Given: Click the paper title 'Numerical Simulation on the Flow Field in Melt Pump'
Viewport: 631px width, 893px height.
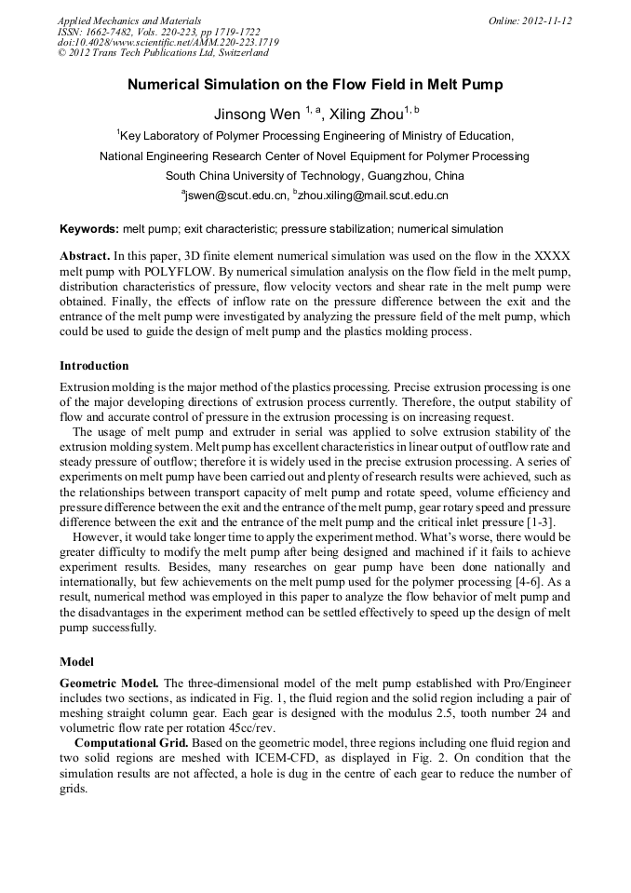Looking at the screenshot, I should pyautogui.click(x=315, y=85).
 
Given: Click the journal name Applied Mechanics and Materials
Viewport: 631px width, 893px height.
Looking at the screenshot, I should pyautogui.click(x=128, y=20).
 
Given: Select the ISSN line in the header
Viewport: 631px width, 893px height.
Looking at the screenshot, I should pyautogui.click(x=158, y=32).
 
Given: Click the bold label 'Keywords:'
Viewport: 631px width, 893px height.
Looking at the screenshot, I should pyautogui.click(x=89, y=229).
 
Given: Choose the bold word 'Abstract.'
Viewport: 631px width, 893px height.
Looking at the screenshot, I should pyautogui.click(x=86, y=255).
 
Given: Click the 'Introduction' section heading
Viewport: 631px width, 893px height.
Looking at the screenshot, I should pyautogui.click(x=94, y=366).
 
